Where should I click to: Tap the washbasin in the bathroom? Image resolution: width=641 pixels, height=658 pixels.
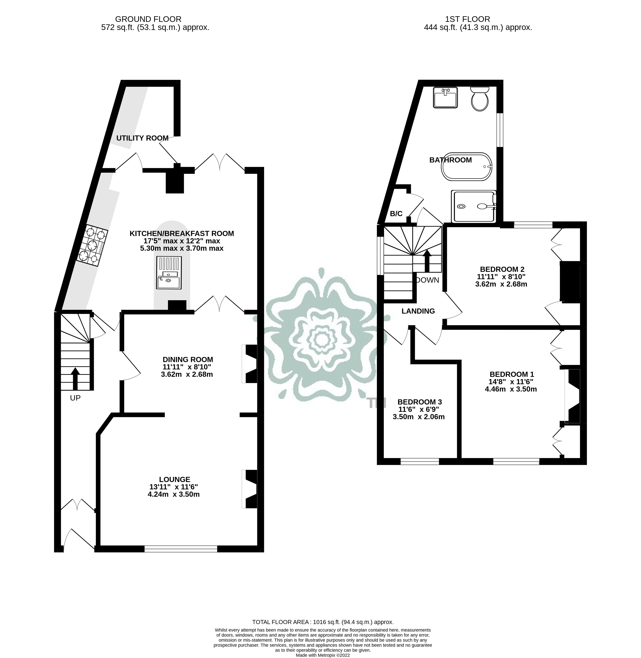(445, 97)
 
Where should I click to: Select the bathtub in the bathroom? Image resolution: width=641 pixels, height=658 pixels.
(467, 167)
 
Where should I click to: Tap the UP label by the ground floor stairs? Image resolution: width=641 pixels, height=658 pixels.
(75, 398)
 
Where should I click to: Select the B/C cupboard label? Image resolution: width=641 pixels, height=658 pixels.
(396, 214)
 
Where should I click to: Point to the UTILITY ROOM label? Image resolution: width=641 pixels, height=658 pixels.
(142, 138)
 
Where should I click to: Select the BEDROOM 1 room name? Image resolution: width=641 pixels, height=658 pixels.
(512, 374)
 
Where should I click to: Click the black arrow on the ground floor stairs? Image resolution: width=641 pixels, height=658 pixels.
(75, 378)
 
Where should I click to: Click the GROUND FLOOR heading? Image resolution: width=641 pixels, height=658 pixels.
(148, 19)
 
